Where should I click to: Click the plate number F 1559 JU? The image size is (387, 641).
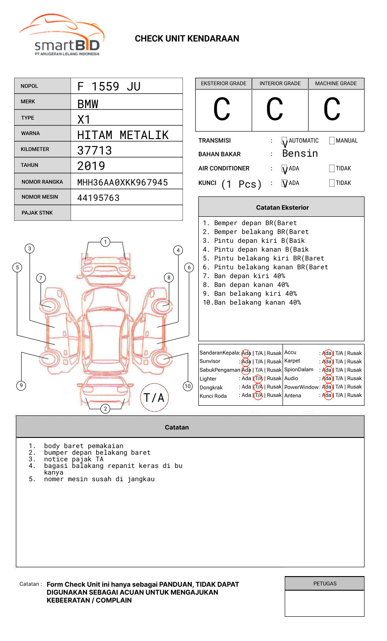click(109, 87)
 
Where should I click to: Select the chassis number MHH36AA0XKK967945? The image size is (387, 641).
click(123, 182)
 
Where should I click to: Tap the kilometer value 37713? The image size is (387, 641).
click(95, 151)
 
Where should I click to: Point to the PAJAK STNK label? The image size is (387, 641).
click(37, 213)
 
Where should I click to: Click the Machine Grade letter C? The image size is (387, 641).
click(332, 109)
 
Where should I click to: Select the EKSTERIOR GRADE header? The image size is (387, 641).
click(223, 83)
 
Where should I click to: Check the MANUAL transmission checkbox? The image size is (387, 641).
click(332, 141)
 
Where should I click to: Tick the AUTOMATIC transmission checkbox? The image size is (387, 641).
click(284, 141)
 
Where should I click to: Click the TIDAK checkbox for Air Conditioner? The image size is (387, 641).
click(332, 169)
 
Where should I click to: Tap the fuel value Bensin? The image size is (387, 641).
click(300, 154)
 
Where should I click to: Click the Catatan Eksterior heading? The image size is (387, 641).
click(282, 207)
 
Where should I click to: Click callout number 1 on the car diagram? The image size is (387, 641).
click(105, 242)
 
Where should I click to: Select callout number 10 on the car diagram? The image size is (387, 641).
click(188, 386)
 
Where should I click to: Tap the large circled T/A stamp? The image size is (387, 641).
click(154, 398)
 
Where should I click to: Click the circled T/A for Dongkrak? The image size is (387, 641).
click(258, 387)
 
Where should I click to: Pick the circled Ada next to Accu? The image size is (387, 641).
click(327, 353)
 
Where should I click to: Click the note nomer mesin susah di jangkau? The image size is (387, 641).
click(99, 479)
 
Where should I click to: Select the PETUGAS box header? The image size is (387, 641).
click(325, 584)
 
